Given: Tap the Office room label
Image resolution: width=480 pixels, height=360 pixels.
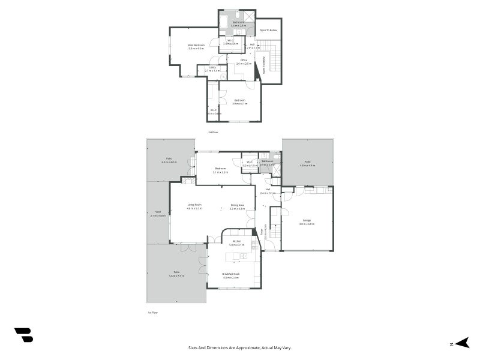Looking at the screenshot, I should (x=244, y=61).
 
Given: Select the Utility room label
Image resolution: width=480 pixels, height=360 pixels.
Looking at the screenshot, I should (x=212, y=69).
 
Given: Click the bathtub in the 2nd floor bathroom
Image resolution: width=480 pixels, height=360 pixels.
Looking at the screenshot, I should (x=224, y=22).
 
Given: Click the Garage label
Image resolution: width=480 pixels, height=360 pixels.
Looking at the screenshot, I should (x=307, y=222).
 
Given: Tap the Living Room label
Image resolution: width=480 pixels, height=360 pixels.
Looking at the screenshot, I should (x=194, y=206).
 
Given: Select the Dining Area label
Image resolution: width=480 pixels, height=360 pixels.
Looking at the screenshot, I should (x=238, y=206).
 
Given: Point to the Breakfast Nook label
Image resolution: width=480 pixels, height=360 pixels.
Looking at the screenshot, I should (x=231, y=276).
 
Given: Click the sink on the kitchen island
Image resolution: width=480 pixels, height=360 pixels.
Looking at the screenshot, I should (x=243, y=256).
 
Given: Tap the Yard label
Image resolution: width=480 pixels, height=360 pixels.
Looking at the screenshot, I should (x=158, y=213).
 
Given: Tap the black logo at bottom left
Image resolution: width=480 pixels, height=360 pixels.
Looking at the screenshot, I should (x=23, y=335).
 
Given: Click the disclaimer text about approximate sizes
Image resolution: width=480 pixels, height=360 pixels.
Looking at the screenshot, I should (x=240, y=347).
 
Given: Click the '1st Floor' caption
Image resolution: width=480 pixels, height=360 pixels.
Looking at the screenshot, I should (x=152, y=312).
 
